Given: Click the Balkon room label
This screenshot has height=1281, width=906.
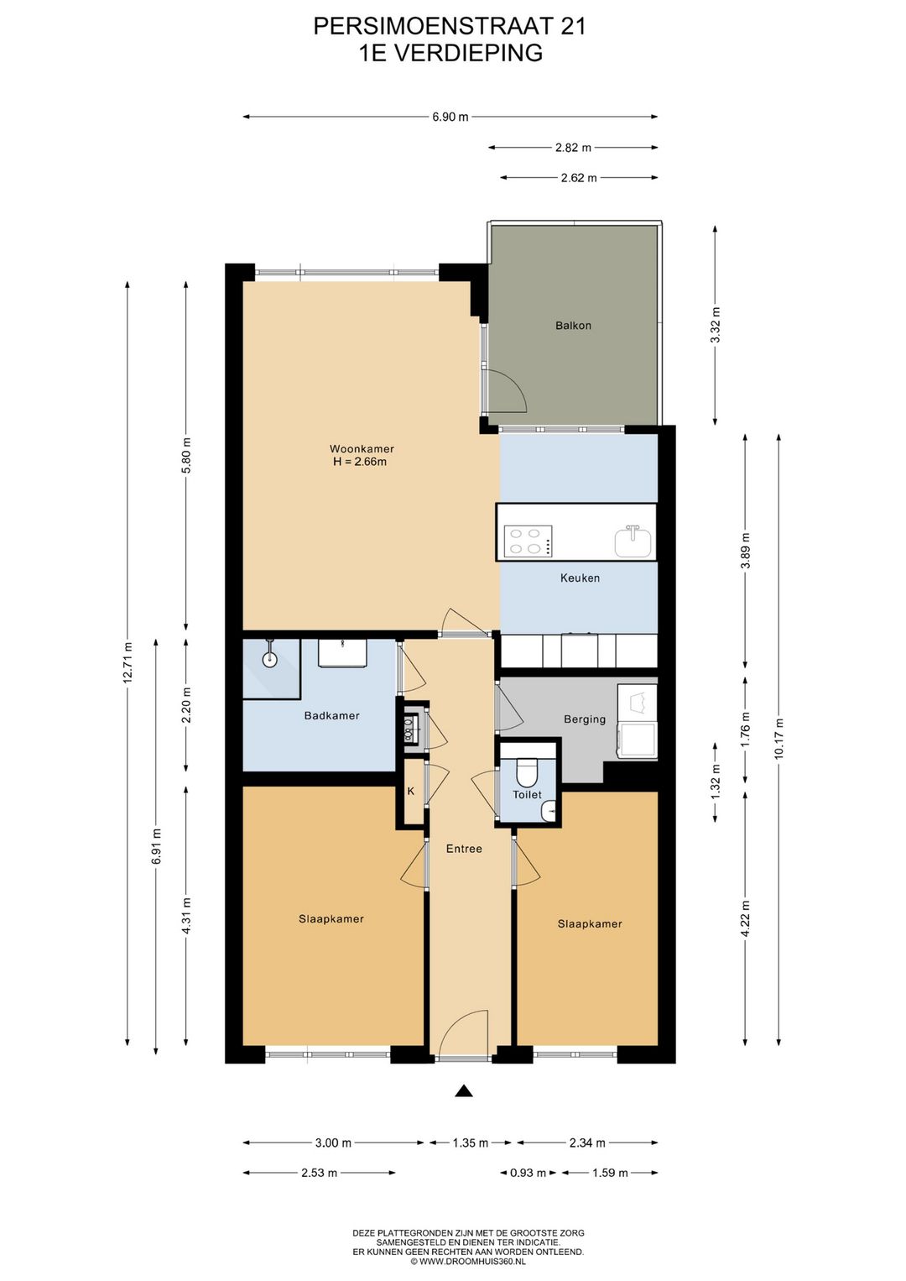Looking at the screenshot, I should pyautogui.click(x=573, y=326).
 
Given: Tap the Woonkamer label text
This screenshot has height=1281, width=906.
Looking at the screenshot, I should pyautogui.click(x=362, y=449).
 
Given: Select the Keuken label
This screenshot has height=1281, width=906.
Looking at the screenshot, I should pyautogui.click(x=580, y=578).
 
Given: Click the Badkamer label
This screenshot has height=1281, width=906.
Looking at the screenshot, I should pyautogui.click(x=331, y=716).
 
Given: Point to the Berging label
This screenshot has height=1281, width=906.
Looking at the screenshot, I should pyautogui.click(x=585, y=719).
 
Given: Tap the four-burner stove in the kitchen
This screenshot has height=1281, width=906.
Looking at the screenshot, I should pyautogui.click(x=528, y=541).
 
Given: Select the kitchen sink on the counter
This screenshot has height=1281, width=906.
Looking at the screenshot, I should pyautogui.click(x=633, y=541).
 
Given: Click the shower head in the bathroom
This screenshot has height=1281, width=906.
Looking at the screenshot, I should pyautogui.click(x=269, y=659).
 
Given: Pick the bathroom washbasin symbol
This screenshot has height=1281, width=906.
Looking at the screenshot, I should pyautogui.click(x=342, y=653).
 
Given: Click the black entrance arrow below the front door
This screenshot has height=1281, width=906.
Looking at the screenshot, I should pyautogui.click(x=464, y=1091).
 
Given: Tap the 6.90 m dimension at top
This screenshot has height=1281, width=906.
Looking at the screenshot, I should pyautogui.click(x=450, y=118).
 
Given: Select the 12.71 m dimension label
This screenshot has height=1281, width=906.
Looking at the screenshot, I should pyautogui.click(x=128, y=663).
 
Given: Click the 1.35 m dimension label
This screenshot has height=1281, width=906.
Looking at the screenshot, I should pyautogui.click(x=470, y=1143).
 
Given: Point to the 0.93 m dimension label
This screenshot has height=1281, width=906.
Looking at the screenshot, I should pyautogui.click(x=528, y=1174).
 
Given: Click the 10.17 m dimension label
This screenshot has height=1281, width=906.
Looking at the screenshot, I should pyautogui.click(x=778, y=739).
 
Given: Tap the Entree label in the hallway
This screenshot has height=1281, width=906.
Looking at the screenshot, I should pyautogui.click(x=464, y=850).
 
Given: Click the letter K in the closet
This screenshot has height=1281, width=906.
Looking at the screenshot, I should pyautogui.click(x=411, y=792).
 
